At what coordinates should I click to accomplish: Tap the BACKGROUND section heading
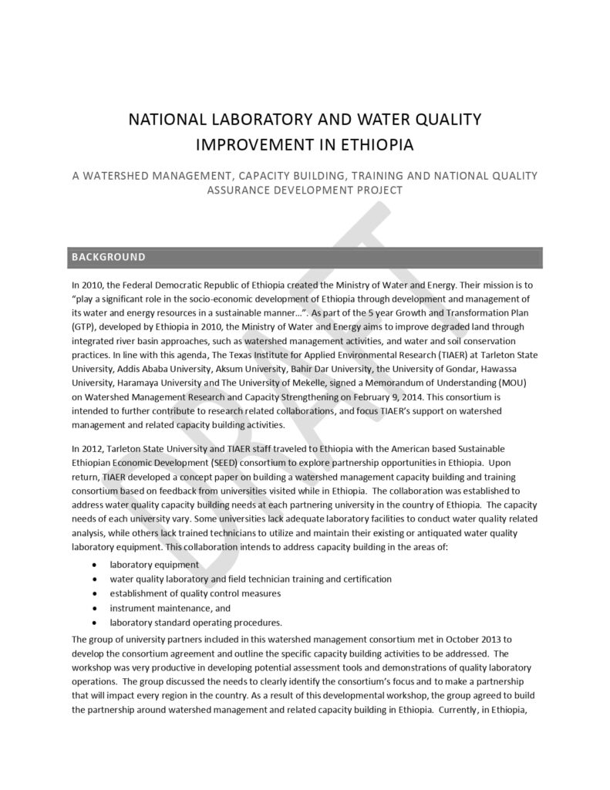tap(108, 256)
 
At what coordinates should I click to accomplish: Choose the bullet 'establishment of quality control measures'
tap(195, 593)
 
